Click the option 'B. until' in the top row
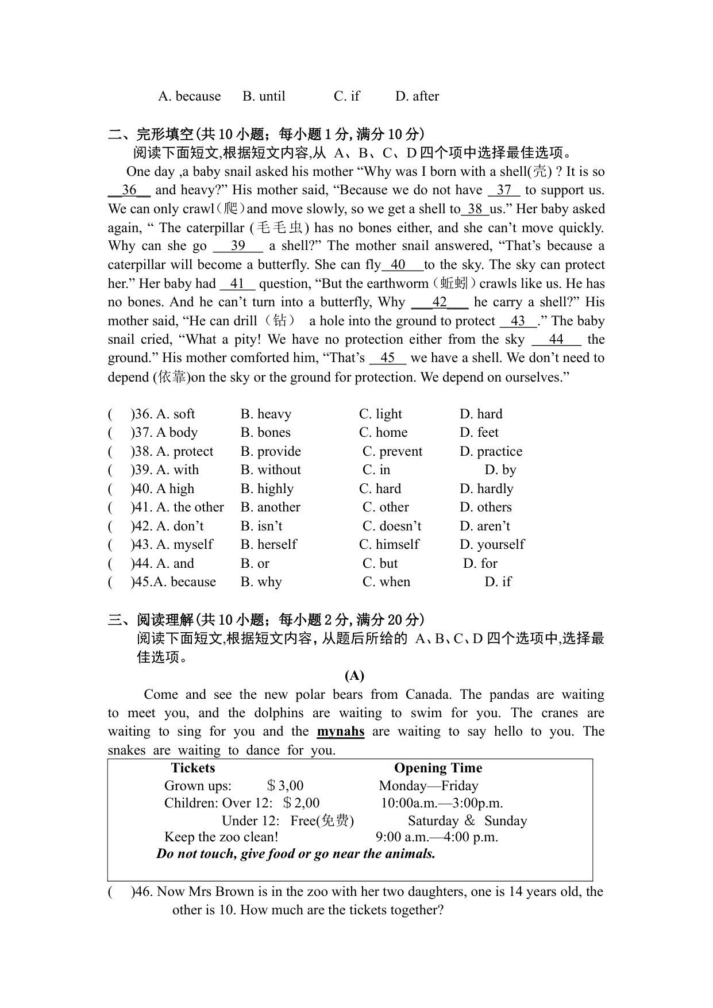[264, 96]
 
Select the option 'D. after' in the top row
[417, 96]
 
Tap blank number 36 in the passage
[129, 190]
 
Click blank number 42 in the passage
[440, 302]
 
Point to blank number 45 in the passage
[387, 358]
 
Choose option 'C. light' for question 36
[380, 414]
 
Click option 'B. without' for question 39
[271, 470]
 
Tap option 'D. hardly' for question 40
[486, 488]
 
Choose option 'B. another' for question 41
[271, 507]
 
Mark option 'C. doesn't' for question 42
[392, 526]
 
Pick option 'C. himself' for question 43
[389, 544]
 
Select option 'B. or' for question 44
[255, 563]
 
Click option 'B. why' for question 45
[261, 582]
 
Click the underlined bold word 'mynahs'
[341, 732]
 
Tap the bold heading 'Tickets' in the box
[193, 768]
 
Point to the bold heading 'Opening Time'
[438, 768]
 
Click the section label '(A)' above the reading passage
[354, 675]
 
